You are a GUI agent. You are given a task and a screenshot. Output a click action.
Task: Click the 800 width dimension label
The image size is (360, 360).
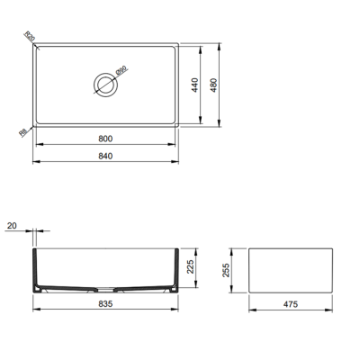point(107,139)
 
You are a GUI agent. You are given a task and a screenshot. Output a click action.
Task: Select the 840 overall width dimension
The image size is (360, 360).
point(107,156)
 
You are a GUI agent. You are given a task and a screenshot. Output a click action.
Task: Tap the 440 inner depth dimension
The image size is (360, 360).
point(192,85)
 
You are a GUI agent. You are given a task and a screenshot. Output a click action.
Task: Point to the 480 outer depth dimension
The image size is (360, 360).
point(214,85)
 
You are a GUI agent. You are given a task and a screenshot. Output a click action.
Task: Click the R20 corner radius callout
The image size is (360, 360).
point(29,38)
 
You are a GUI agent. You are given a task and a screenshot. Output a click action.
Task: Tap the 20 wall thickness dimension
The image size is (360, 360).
point(12,226)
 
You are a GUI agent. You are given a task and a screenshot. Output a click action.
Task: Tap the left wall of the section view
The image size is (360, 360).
point(36,268)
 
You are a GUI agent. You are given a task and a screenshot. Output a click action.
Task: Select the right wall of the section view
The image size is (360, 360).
point(178,268)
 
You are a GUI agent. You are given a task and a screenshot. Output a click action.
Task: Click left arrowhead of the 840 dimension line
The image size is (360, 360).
point(34,162)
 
